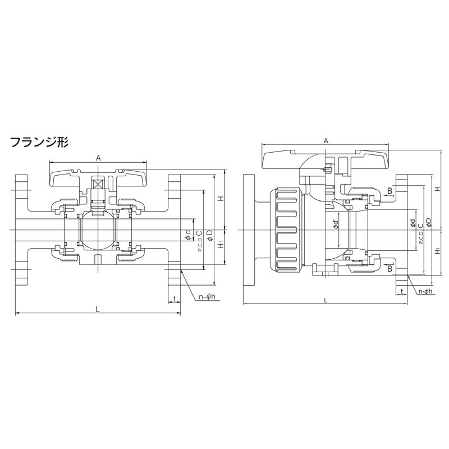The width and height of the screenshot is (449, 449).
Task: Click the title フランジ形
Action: (x=39, y=142)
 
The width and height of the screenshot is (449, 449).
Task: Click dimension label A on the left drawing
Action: (x=98, y=158)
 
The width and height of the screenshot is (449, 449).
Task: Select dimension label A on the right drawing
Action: (x=326, y=141)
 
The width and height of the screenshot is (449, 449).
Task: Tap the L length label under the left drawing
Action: (x=98, y=309)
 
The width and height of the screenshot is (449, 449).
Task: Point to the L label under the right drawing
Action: (x=326, y=300)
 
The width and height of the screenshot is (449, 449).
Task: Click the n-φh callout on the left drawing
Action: (x=207, y=297)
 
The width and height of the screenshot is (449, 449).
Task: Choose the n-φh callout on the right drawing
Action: (x=425, y=291)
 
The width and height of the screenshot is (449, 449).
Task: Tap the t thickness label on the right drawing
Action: (x=402, y=291)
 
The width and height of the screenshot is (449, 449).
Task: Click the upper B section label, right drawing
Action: (x=390, y=190)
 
